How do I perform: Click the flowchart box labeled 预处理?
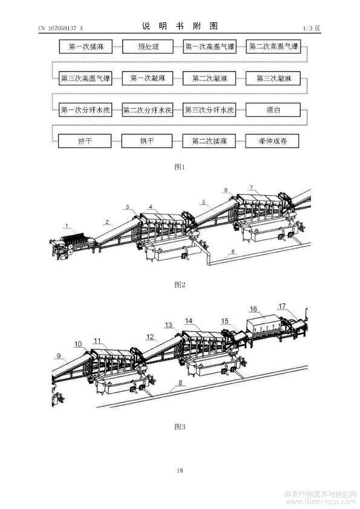coord(148,47)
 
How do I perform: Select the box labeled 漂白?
coord(273,110)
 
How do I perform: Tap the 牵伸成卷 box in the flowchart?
coord(272,141)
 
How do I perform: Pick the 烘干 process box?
coord(147,141)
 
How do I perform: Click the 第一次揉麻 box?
coord(86,47)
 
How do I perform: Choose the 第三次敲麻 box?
coord(273,78)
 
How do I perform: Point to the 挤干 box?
coord(85,141)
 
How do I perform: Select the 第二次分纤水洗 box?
coord(147,110)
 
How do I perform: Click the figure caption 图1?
coord(180,167)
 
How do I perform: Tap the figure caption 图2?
coord(180,285)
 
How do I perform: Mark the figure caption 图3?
coord(180,427)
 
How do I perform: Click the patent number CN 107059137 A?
coord(61,28)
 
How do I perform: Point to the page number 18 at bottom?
coord(180,470)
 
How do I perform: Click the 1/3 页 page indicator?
coord(311,28)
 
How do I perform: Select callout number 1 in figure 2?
coord(67,225)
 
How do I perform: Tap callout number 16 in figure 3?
coord(254,309)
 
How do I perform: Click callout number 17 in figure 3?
coord(282,306)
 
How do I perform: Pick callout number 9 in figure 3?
coord(59,356)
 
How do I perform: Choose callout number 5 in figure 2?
coord(203,203)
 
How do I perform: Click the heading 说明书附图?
coord(180,26)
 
